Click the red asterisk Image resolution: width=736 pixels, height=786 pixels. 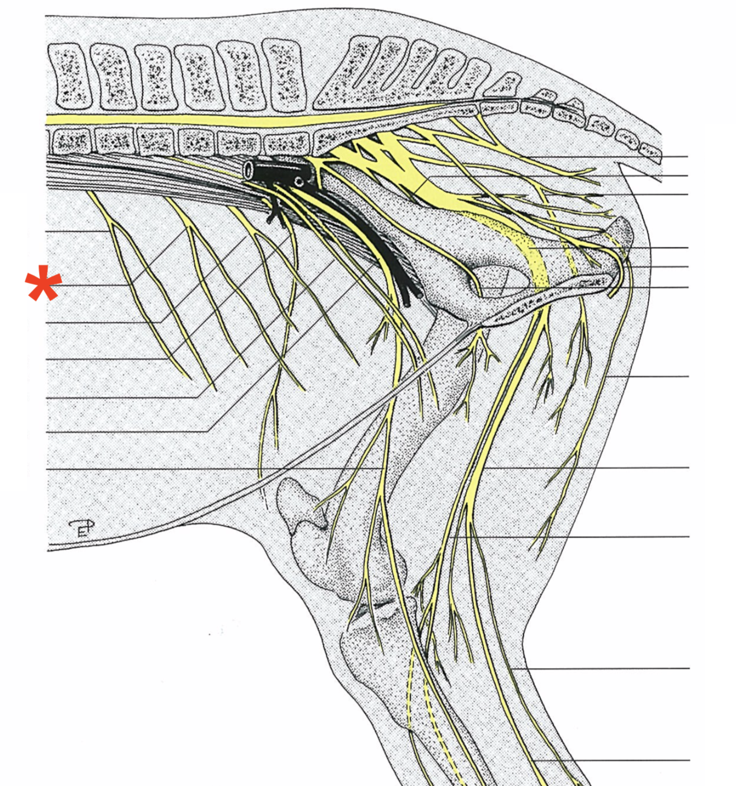click(42, 284)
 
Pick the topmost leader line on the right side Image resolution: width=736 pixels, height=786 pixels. click(662, 157)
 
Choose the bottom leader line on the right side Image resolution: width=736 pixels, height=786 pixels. click(634, 760)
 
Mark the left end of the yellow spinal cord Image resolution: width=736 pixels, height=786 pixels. click(50, 119)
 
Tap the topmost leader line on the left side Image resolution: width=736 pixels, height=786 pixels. click(77, 231)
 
